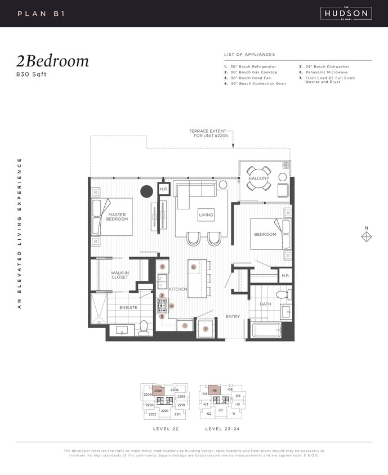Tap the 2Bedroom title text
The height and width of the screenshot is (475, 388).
[53, 61]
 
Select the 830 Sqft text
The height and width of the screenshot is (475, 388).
[33, 74]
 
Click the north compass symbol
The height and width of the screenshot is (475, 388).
[366, 237]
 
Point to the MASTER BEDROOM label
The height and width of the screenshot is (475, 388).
[118, 217]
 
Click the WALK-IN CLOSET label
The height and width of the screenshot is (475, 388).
[119, 275]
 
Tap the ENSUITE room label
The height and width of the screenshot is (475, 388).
[128, 307]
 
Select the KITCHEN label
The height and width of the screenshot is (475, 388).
[178, 289]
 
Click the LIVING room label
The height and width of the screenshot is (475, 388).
[206, 215]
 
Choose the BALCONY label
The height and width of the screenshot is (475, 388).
[259, 178]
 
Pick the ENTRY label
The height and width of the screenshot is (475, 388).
[233, 317]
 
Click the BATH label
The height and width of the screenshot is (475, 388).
[265, 304]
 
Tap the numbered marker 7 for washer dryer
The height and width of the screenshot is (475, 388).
[206, 329]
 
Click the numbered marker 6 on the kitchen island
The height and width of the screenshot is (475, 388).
[193, 267]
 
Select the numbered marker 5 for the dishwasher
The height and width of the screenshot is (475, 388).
[162, 267]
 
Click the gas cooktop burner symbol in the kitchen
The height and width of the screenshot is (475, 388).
[162, 306]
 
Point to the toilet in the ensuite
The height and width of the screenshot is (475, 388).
[144, 326]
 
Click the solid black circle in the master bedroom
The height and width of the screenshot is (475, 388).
[146, 191]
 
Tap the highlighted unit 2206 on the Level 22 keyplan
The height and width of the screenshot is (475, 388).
[158, 391]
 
